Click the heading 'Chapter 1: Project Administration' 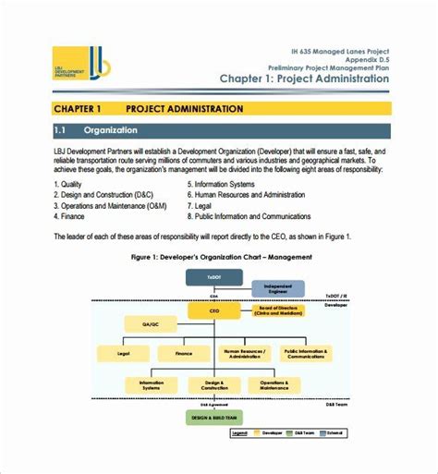pyautogui.click(x=304, y=79)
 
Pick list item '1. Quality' pyautogui.click(x=71, y=183)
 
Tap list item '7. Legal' pyautogui.click(x=204, y=205)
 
